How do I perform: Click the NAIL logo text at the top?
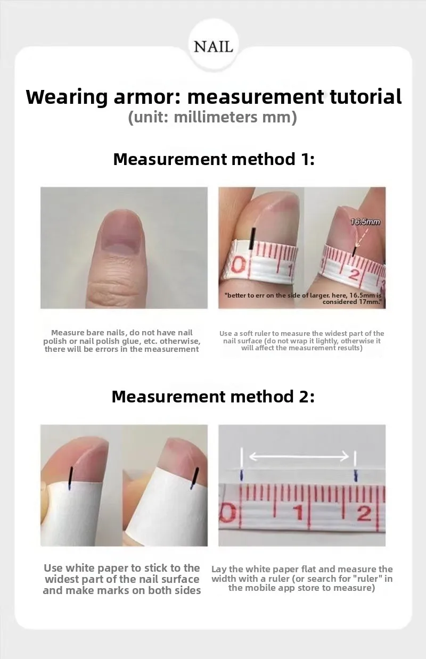213,47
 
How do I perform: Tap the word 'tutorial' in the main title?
365,96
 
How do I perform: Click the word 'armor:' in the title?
147,97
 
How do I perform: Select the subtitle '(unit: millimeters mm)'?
212,118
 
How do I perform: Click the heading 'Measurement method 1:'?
214,159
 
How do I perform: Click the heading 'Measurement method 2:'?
213,397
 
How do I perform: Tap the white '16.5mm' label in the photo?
365,222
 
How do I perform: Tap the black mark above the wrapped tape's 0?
252,238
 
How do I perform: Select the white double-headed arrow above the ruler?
299,457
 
